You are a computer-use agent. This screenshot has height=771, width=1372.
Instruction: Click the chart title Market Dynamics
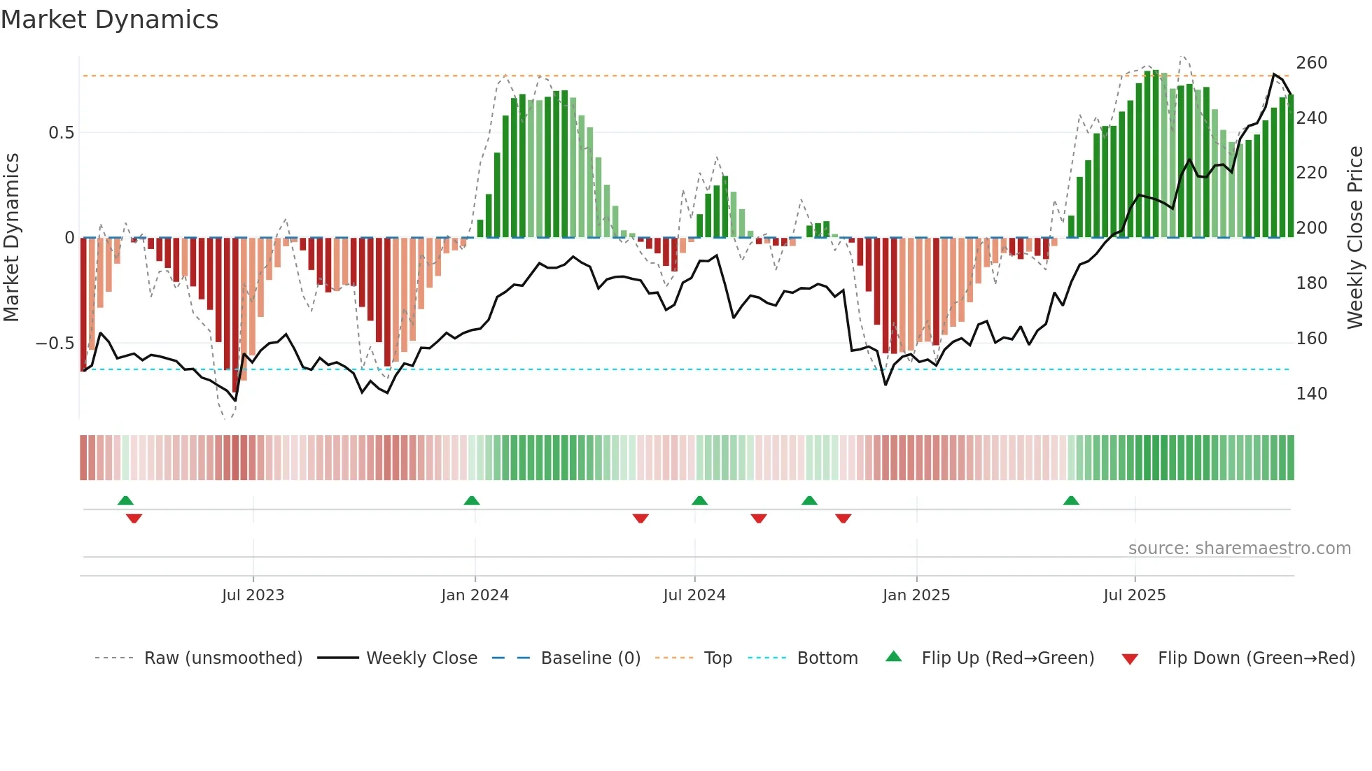click(110, 20)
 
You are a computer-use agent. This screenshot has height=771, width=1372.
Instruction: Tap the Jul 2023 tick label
click(253, 595)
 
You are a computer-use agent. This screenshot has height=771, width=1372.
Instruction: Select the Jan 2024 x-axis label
click(475, 595)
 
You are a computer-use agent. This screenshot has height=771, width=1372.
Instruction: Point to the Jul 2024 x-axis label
click(694, 595)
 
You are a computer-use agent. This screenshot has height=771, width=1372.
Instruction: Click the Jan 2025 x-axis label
click(916, 595)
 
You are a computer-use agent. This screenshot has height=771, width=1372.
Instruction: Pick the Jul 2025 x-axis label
click(1134, 595)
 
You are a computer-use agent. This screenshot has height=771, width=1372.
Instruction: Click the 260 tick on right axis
click(1311, 63)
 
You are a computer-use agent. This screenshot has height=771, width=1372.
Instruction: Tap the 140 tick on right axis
click(1311, 394)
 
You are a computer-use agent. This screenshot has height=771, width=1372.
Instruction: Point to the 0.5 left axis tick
click(61, 133)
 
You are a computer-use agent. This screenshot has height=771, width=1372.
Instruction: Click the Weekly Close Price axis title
click(1355, 238)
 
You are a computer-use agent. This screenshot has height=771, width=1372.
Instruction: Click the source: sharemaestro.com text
click(1239, 549)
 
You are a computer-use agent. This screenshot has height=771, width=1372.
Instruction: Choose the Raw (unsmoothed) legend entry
click(223, 658)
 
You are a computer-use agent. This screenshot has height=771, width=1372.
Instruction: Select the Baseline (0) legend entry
click(590, 658)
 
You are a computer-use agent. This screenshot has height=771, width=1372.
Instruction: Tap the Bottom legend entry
click(827, 658)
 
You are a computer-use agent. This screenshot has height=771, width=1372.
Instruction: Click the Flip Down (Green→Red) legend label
click(1256, 658)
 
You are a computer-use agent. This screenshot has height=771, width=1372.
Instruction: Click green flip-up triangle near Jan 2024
click(472, 501)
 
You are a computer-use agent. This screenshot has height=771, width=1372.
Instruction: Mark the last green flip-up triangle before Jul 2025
click(1071, 501)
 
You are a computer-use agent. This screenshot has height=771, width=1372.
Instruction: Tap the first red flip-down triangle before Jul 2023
click(134, 518)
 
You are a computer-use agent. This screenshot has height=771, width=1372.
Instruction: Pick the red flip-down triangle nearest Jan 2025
click(843, 518)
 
